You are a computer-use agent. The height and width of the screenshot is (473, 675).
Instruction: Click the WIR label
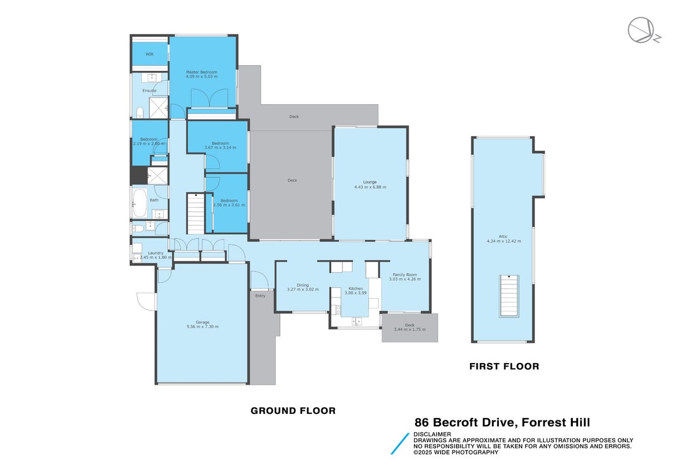point(149,54)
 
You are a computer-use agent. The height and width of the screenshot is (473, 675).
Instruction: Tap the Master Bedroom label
point(201,72)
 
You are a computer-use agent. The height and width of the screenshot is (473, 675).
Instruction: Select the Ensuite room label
point(149,90)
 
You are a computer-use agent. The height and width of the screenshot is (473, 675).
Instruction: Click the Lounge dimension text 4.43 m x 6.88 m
point(370,187)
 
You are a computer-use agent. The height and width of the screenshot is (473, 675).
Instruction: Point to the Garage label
point(203,322)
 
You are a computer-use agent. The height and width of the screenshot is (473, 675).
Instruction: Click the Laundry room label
point(155,253)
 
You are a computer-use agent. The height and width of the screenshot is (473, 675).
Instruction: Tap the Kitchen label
point(356,289)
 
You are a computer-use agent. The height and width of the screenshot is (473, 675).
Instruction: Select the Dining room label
point(302,285)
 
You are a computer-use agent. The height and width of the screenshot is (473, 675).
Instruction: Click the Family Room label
point(405,275)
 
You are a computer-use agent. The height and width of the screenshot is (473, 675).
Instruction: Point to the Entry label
point(260,296)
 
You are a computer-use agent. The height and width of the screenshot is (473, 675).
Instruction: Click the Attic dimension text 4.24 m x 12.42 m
point(504,241)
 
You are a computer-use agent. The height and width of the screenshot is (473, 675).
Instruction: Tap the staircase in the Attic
point(509,296)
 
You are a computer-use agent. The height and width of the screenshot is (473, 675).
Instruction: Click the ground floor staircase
point(196,214)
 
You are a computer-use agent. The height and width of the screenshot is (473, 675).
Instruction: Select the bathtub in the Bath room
point(139,203)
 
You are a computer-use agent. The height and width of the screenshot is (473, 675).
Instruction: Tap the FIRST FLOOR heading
point(504,367)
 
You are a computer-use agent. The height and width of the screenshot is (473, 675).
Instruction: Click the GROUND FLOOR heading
point(293,411)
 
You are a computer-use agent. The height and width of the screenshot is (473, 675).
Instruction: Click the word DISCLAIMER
point(432,434)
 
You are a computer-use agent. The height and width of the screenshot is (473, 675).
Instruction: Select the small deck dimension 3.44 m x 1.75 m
point(410,329)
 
